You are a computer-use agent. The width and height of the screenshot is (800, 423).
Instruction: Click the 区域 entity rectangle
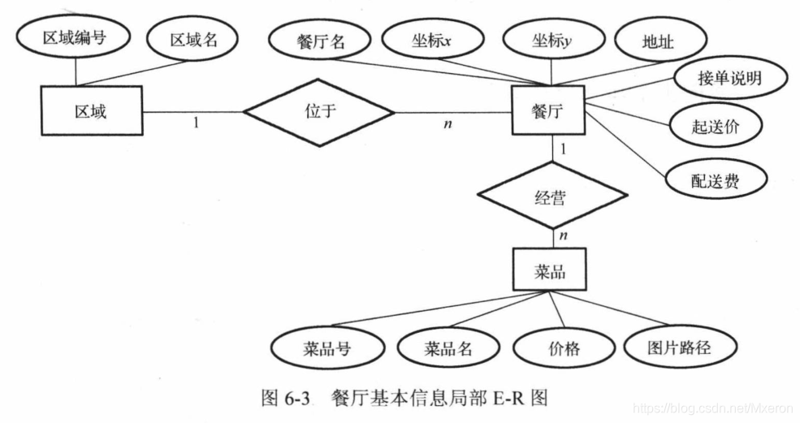pyautogui.click(x=90, y=111)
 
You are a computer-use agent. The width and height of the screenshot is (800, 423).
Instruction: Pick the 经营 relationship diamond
pyautogui.click(x=552, y=196)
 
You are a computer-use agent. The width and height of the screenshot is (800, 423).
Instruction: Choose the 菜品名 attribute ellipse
pyautogui.click(x=448, y=350)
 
